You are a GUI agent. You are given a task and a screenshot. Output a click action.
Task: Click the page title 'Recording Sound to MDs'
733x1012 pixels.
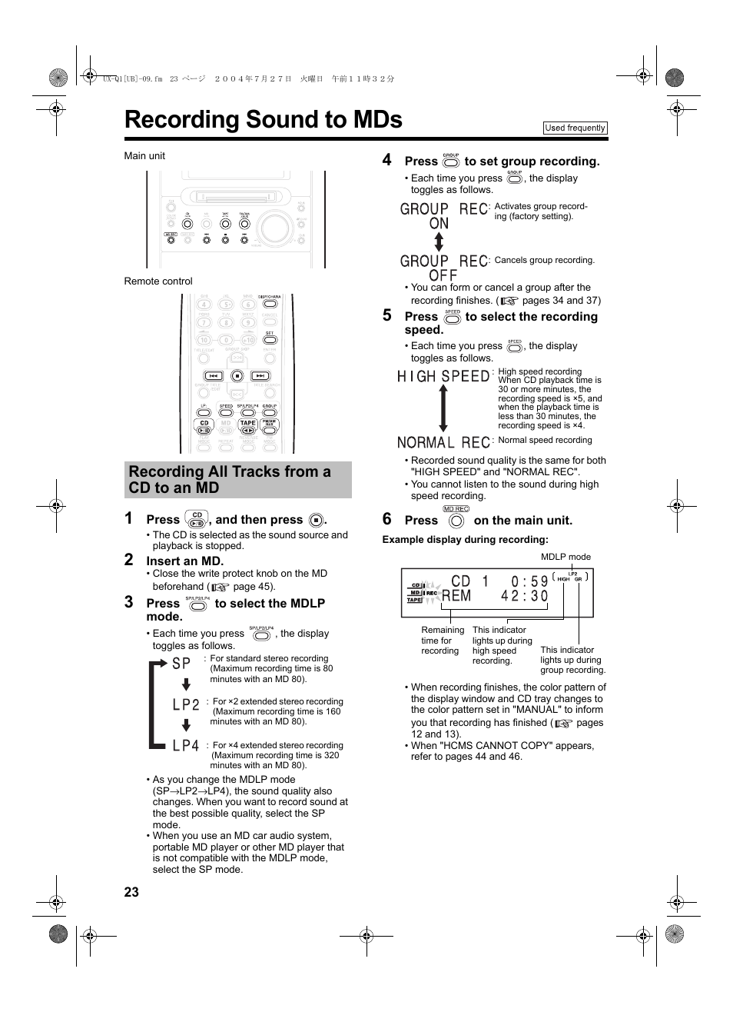point(263,120)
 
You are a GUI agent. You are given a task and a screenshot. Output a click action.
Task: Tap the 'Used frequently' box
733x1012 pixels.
point(575,128)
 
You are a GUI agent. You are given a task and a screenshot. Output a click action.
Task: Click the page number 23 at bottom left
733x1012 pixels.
point(131,891)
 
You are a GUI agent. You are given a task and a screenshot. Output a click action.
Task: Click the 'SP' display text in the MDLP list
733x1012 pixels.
point(181,664)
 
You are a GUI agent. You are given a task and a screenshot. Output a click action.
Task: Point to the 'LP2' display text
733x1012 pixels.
point(186,704)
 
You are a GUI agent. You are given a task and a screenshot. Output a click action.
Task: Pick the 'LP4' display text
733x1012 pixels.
point(186,746)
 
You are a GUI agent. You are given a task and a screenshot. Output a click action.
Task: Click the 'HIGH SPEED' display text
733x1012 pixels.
point(443,376)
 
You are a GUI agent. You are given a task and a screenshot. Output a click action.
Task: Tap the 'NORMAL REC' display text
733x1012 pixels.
point(443,442)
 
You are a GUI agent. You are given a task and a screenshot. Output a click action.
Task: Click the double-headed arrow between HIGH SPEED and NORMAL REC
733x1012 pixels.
point(443,408)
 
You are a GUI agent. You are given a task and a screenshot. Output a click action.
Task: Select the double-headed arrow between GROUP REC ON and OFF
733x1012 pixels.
point(439,242)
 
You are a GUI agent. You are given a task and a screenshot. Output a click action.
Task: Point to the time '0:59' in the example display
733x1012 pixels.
point(529,581)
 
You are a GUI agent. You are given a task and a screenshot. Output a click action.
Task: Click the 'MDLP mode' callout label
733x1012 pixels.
point(566,557)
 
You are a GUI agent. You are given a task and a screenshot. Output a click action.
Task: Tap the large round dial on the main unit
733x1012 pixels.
point(274,228)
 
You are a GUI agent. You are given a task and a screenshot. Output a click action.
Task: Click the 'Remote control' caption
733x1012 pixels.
point(158,281)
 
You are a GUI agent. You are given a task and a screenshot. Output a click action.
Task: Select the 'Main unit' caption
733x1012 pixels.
point(144,156)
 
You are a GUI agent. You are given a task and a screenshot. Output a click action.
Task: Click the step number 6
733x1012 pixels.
point(387,519)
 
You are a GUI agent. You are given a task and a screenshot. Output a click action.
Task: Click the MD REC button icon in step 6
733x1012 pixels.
point(456,521)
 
